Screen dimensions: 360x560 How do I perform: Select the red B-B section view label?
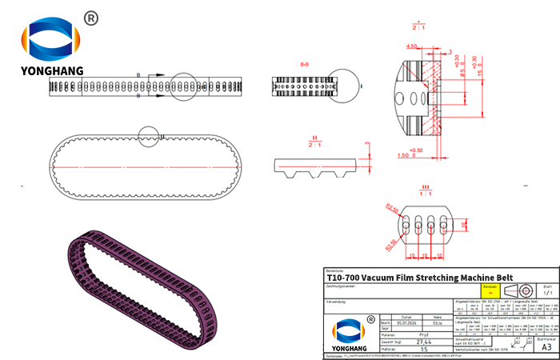pyautogui.click(x=305, y=63)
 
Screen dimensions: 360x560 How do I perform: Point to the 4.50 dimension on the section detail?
pyautogui.click(x=412, y=46)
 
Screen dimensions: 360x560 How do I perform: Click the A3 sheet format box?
pyautogui.click(x=546, y=347)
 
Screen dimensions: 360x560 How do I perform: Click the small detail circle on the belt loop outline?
pyautogui.click(x=150, y=137)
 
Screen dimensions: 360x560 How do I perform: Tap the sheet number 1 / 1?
pyautogui.click(x=546, y=294)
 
